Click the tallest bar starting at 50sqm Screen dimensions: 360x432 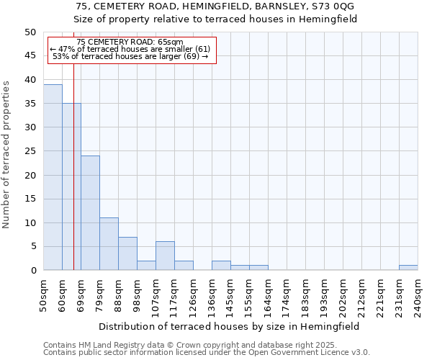[x=53, y=177]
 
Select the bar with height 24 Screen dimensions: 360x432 [x=90, y=213]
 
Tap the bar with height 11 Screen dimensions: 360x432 [x=109, y=244]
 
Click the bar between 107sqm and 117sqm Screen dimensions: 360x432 [x=165, y=256]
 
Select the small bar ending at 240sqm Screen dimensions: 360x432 [x=408, y=268]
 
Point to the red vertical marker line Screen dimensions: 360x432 [x=73, y=180]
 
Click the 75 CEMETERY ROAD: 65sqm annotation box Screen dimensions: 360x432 [x=132, y=50]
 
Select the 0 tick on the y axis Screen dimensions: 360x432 [x=32, y=271]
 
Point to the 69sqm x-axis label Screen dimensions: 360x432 [x=81, y=294]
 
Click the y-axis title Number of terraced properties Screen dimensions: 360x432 [x=6, y=154]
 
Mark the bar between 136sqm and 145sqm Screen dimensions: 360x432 [x=221, y=266]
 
